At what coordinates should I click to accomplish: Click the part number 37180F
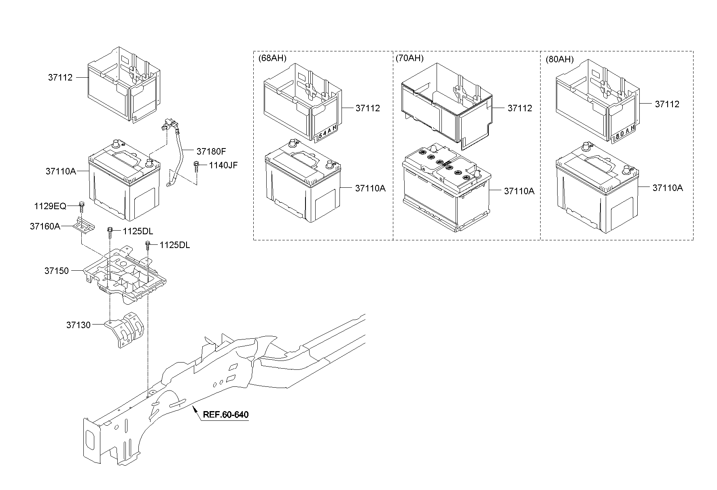[x=211, y=151]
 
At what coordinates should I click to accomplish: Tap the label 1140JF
[x=223, y=165]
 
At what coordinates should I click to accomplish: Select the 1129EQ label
[x=50, y=206]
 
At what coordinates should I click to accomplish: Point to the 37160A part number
[x=45, y=226]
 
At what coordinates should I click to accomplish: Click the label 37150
[x=57, y=271]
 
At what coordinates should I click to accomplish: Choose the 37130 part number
[x=78, y=325]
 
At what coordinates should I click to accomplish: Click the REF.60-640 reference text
[x=225, y=415]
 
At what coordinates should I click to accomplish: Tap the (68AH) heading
[x=272, y=58]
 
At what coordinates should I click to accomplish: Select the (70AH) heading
[x=409, y=58]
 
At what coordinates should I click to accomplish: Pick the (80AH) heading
[x=560, y=59]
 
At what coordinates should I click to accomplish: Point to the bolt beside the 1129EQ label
[x=81, y=206]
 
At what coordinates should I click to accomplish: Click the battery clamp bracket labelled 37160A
[x=85, y=226]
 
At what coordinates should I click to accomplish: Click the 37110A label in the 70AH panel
[x=519, y=191]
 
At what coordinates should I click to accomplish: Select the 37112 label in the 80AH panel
[x=667, y=104]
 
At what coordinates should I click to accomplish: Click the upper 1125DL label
[x=138, y=231]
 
